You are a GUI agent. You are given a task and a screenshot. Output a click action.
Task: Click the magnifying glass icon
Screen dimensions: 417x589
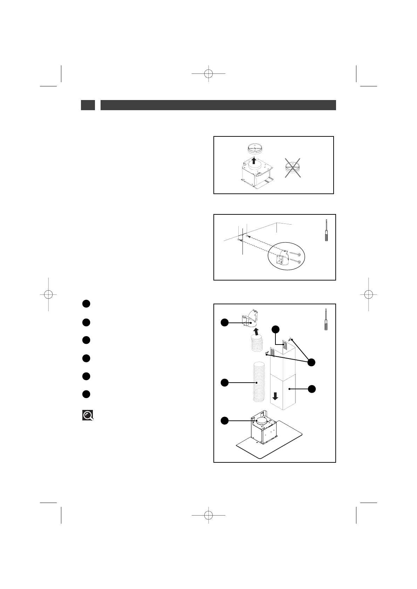click(x=88, y=415)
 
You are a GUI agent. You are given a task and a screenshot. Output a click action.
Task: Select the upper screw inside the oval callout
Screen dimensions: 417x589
click(x=295, y=254)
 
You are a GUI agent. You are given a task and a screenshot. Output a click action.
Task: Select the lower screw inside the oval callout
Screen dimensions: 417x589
click(x=295, y=261)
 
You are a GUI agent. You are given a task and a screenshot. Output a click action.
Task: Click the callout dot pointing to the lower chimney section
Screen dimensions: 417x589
click(x=312, y=389)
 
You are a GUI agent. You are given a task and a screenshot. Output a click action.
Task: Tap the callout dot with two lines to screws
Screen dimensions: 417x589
click(x=312, y=363)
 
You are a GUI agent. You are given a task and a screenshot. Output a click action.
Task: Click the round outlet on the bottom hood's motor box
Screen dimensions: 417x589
click(x=262, y=422)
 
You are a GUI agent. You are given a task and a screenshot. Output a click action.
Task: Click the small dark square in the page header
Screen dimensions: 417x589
click(x=88, y=105)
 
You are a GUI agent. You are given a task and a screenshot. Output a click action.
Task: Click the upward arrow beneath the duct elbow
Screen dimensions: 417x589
click(x=256, y=331)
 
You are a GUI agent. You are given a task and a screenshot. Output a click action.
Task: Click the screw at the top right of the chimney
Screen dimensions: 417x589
click(x=291, y=339)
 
